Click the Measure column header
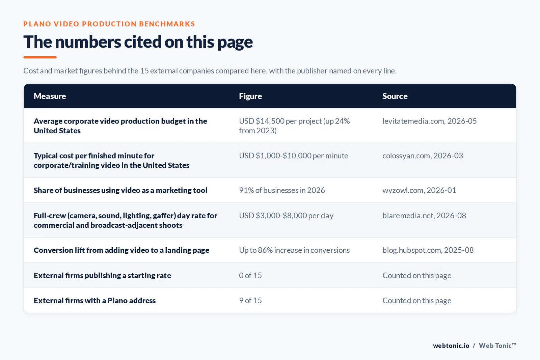pos(50,96)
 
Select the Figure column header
pos(250,96)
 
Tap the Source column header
pos(395,96)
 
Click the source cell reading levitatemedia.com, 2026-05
pos(429,121)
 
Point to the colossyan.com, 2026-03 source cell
pos(423,156)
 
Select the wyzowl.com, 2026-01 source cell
pos(419,190)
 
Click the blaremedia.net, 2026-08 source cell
pos(424,215)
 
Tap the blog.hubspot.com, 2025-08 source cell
pos(428,250)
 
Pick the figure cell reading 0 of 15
pos(250,275)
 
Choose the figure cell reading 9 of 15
pos(250,301)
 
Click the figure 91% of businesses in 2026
pos(282,190)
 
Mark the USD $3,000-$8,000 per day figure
pos(286,215)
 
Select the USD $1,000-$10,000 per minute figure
pos(293,156)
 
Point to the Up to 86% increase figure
pos(294,250)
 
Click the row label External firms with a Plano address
pos(94,301)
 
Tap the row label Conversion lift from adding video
pos(121,250)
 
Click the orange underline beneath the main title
pos(40,57)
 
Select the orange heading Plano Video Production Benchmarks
pos(109,24)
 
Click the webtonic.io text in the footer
pos(451,345)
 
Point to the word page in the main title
pos(235,43)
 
